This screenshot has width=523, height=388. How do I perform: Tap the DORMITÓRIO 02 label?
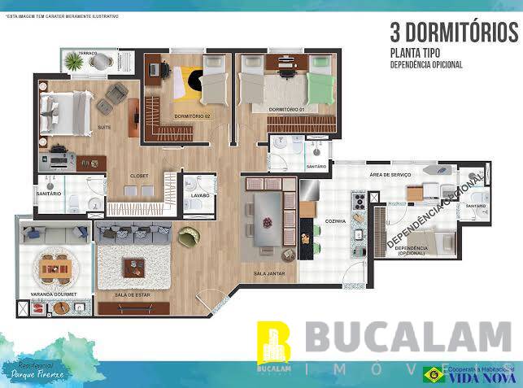192,116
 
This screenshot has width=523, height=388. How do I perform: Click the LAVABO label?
200,195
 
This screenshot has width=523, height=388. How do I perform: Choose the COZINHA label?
335,220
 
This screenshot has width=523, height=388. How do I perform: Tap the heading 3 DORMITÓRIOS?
454,33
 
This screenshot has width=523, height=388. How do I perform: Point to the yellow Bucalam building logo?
273,342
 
